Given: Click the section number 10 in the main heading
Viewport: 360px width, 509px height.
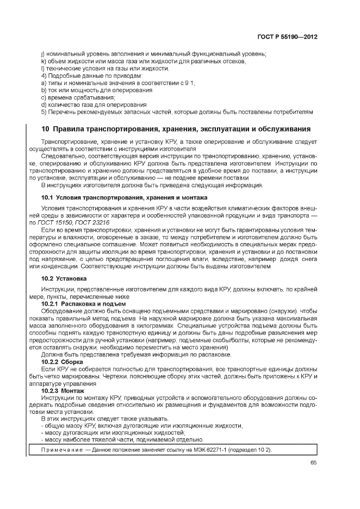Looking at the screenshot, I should [x=46, y=129].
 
